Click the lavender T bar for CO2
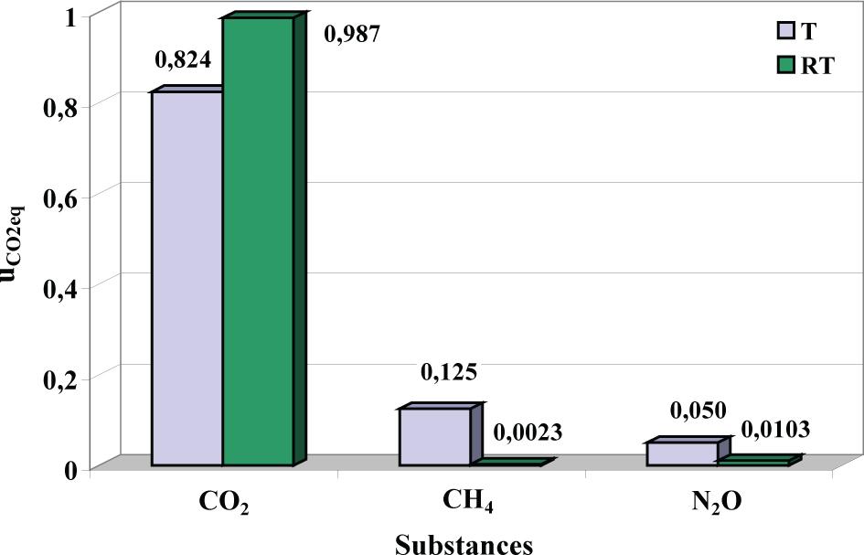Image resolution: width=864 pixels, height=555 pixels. click(x=187, y=279)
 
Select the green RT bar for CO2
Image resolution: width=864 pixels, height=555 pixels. click(x=258, y=242)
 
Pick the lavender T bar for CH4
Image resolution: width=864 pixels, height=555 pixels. click(x=434, y=437)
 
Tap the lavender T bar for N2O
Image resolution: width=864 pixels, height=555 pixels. click(x=682, y=454)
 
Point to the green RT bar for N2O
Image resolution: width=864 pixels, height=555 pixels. click(x=752, y=463)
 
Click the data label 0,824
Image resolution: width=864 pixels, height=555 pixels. click(x=183, y=61)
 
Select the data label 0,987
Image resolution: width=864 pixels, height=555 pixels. click(x=351, y=35)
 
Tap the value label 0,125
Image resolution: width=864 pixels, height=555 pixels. click(x=448, y=372)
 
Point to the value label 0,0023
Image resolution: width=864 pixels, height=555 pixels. click(x=528, y=432)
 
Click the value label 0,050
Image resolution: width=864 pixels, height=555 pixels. click(x=698, y=412)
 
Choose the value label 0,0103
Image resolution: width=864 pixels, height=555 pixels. click(x=774, y=428)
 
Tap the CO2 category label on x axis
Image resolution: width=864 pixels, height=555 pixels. click(x=224, y=504)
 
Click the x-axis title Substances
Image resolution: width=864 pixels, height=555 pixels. click(x=464, y=543)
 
